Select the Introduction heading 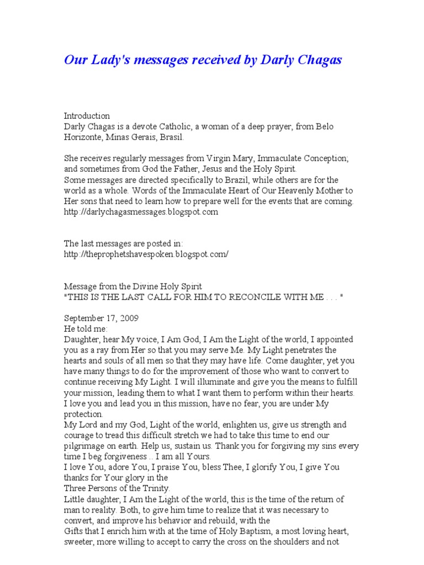point(87,116)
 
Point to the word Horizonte point(84,137)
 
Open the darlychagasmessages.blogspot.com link point(141,211)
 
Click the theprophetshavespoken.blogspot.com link point(146,254)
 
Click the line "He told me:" point(87,329)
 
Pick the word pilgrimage point(87,446)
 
